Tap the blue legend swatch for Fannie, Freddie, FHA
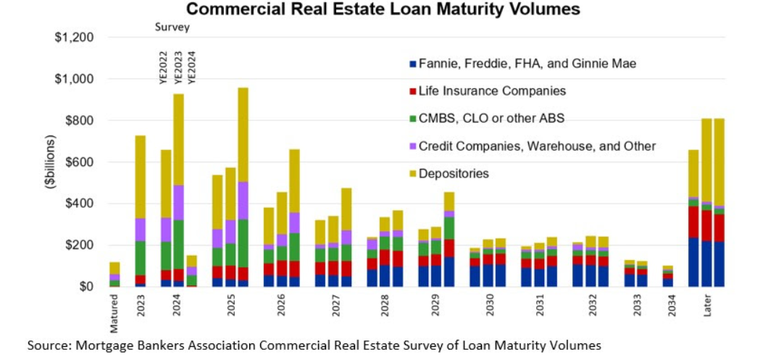413,64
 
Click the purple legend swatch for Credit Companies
413,146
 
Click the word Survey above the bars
172,28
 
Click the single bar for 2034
667,276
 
